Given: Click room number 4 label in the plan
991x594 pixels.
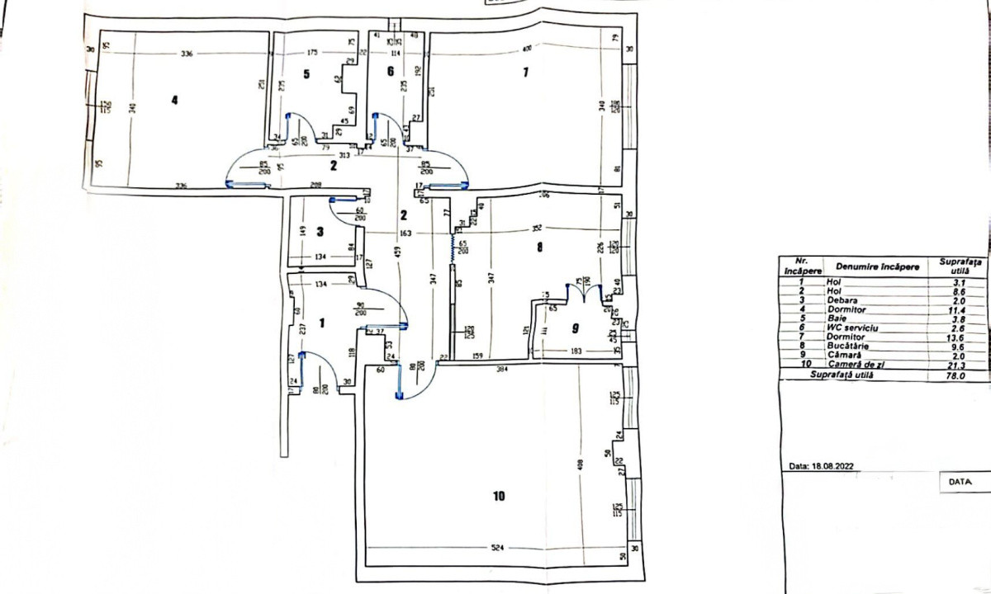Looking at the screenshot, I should [x=174, y=101].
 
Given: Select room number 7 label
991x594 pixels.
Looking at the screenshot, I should [x=524, y=73].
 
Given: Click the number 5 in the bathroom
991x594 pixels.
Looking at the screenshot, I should [x=306, y=74].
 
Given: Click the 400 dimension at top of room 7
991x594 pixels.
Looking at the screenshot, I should [x=528, y=52].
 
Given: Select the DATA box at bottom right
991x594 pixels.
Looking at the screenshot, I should [x=959, y=480].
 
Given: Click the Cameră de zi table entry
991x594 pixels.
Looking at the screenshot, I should [x=856, y=365].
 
